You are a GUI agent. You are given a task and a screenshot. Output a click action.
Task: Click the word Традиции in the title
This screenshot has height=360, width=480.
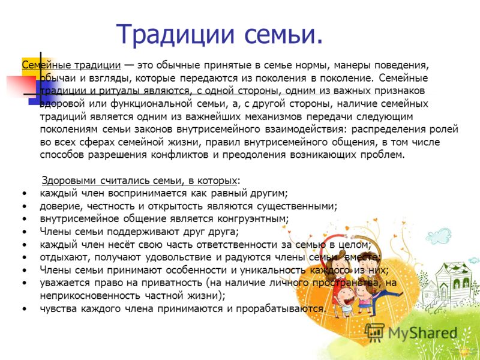[x=175, y=34]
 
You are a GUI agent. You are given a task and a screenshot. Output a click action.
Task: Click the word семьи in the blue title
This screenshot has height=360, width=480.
[x=279, y=34]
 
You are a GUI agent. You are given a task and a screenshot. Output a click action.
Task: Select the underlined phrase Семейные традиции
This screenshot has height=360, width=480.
[x=71, y=65]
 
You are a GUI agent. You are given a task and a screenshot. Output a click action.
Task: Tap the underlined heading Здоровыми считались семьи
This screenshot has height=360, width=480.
[x=139, y=181]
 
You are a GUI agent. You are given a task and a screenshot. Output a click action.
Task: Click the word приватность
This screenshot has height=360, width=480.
[x=172, y=283]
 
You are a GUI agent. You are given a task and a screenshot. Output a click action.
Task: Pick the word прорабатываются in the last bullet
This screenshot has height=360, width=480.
[x=280, y=308]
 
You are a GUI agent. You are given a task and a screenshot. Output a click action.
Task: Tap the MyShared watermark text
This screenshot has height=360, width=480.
[x=422, y=333]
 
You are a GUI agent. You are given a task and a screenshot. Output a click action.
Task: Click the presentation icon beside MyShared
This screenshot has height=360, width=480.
[x=374, y=333]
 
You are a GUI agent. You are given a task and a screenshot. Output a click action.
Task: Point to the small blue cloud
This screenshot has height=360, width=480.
[x=439, y=236]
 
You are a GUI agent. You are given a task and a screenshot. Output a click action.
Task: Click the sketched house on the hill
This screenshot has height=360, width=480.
[x=448, y=284]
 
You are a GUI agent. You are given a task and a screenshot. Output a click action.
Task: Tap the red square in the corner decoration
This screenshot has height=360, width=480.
[x=22, y=86]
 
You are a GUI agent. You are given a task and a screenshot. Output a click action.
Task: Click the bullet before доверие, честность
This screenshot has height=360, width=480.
[x=25, y=206]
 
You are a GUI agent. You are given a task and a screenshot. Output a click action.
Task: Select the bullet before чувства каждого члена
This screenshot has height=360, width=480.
[x=25, y=309]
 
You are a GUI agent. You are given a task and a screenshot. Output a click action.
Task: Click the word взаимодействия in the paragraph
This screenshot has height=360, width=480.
[x=304, y=130]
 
